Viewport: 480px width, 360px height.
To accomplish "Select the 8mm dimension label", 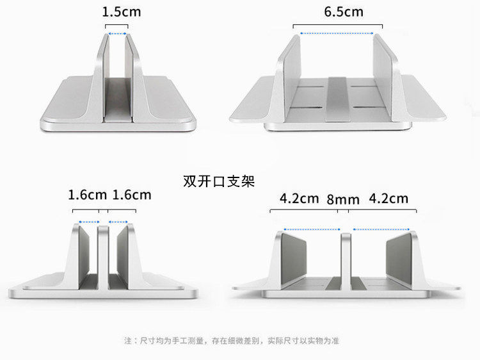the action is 343,199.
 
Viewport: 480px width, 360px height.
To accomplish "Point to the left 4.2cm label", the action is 299,199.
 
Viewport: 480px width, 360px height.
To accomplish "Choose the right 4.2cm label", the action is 388,199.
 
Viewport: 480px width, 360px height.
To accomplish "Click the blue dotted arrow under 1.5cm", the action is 116,34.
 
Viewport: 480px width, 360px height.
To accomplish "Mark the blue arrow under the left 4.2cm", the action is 312,229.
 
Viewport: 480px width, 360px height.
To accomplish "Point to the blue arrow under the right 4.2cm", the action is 381,229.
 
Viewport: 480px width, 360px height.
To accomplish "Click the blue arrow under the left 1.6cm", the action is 86,223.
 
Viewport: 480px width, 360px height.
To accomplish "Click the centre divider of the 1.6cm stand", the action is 103,256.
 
